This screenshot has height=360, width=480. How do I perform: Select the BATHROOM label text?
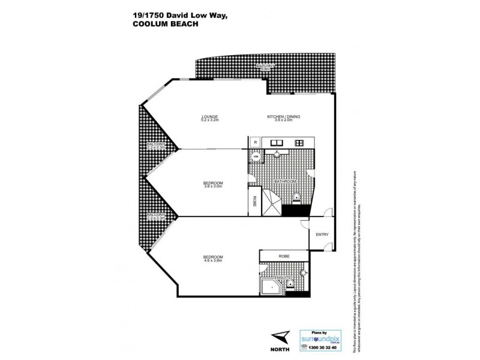tap(284, 181)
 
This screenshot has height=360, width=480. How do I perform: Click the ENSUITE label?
tap(281, 277)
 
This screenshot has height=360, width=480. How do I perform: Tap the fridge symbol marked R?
tap(255, 143)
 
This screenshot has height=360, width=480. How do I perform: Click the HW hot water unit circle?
tap(254, 158)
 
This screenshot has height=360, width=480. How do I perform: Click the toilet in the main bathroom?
tap(296, 197)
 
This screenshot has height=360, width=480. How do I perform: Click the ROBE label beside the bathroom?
tap(254, 201)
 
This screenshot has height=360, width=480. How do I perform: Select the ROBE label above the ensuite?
tap(284, 255)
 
